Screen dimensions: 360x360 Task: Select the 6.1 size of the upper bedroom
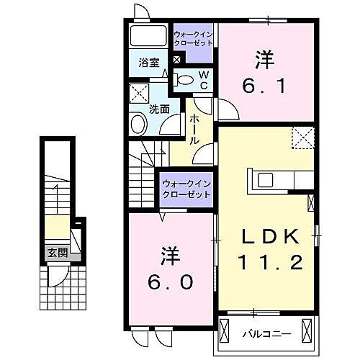(267, 86)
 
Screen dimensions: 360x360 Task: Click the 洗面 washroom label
(158, 109)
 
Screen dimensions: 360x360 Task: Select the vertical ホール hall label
(194, 130)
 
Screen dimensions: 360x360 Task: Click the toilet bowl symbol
(184, 80)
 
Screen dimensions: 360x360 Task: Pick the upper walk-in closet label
(194, 37)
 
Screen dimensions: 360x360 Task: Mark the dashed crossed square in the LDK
(302, 136)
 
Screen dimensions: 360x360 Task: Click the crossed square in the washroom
(138, 93)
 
